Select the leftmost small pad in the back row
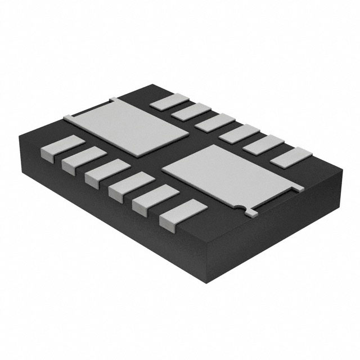168,101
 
